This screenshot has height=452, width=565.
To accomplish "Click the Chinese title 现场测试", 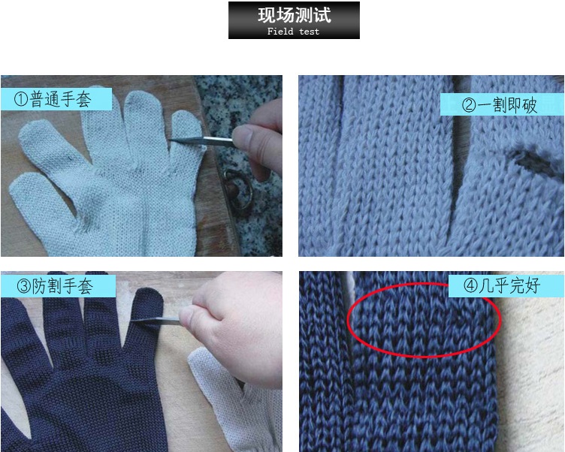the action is (294, 15).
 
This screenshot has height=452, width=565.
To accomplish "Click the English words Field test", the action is (293, 32).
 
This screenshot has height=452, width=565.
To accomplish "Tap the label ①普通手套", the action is (56, 99).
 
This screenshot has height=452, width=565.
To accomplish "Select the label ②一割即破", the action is (502, 105).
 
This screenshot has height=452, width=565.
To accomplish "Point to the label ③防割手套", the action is (58, 286).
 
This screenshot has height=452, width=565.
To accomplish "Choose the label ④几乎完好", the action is (506, 286).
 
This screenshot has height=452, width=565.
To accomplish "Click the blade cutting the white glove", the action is (201, 140).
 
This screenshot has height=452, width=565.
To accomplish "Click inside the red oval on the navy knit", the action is (424, 321).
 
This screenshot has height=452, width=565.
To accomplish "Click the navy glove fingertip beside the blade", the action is (148, 301).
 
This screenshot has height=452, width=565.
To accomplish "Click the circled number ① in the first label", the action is (21, 99).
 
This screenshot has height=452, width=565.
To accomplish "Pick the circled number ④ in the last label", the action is (470, 286).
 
